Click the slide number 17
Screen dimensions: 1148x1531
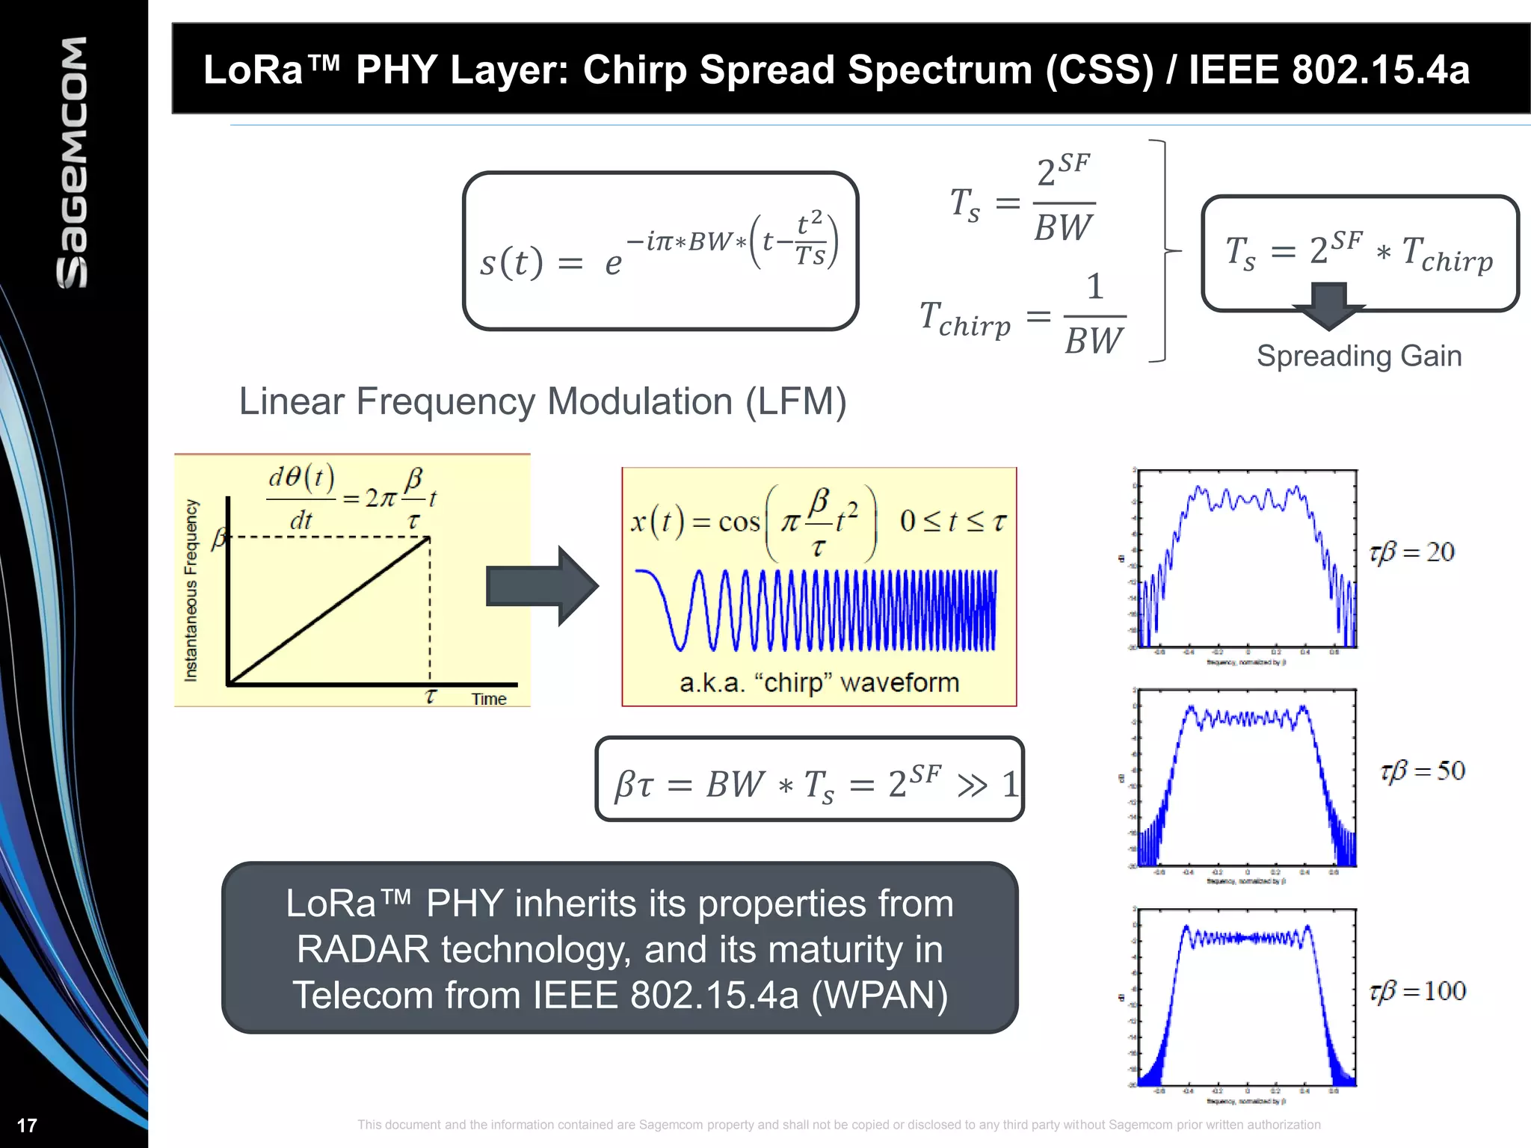pyautogui.click(x=27, y=1125)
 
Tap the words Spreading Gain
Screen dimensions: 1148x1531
pyautogui.click(x=1358, y=356)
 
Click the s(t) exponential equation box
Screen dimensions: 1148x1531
pyautogui.click(x=660, y=250)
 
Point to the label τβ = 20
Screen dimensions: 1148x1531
pyautogui.click(x=1411, y=552)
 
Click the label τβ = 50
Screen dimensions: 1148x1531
pyautogui.click(x=1422, y=771)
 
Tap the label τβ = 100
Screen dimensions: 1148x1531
pyautogui.click(x=1417, y=991)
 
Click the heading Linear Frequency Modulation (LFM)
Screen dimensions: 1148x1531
pyautogui.click(x=542, y=401)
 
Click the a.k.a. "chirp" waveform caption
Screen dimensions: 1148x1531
pyautogui.click(x=819, y=682)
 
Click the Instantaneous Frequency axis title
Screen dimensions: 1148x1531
pyautogui.click(x=191, y=590)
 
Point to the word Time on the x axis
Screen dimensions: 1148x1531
pyautogui.click(x=488, y=699)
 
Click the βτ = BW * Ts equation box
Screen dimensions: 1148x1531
pyautogui.click(x=809, y=780)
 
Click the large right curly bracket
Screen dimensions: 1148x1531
pyautogui.click(x=1162, y=251)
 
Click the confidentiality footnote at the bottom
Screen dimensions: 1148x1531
pyautogui.click(x=838, y=1125)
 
